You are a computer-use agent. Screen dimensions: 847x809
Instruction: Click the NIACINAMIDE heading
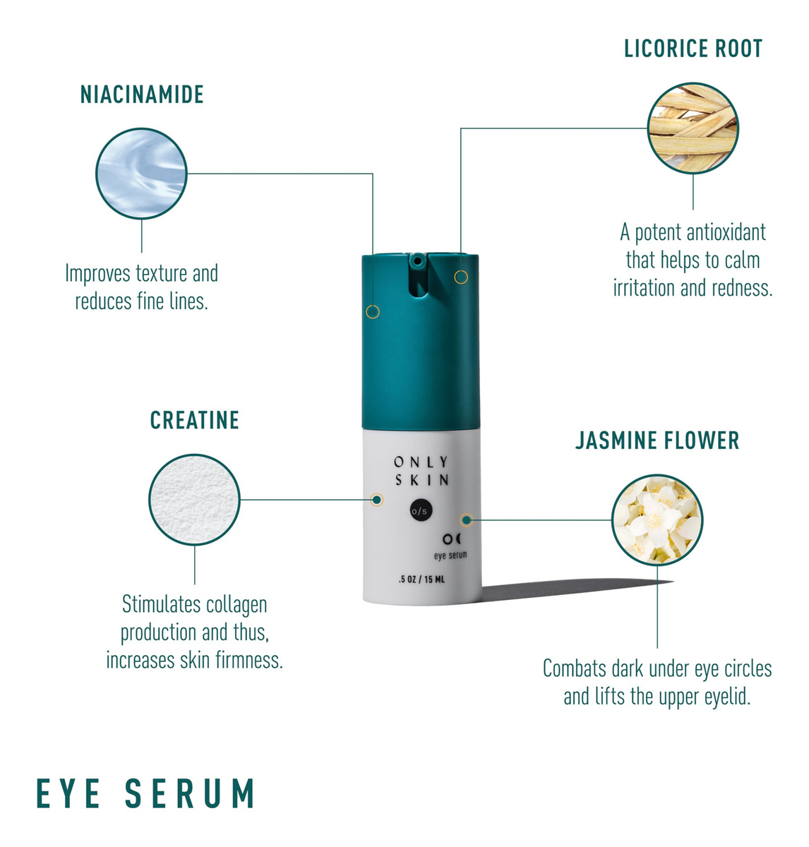pyautogui.click(x=142, y=95)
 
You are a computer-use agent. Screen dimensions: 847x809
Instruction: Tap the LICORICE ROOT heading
pyautogui.click(x=693, y=49)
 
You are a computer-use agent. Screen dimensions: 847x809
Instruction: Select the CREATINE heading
pyautogui.click(x=195, y=421)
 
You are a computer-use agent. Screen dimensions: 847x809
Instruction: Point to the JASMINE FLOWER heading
pyautogui.click(x=657, y=441)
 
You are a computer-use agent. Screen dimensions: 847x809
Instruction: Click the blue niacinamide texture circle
pyautogui.click(x=142, y=174)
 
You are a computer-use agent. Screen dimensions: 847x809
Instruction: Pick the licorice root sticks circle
pyautogui.click(x=693, y=128)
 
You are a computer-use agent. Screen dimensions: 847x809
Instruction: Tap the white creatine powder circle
pyautogui.click(x=195, y=500)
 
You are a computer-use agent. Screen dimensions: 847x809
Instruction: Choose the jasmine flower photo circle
pyautogui.click(x=657, y=520)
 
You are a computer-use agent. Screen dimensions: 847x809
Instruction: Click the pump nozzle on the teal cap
pyautogui.click(x=418, y=262)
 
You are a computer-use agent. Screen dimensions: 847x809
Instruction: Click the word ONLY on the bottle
pyautogui.click(x=421, y=462)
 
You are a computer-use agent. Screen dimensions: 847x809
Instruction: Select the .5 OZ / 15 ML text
pyautogui.click(x=421, y=580)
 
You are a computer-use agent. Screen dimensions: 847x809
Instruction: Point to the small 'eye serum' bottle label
pyautogui.click(x=450, y=555)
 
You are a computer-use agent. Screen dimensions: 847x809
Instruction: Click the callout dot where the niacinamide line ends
pyautogui.click(x=373, y=311)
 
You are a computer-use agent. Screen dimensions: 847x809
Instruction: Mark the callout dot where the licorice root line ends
pyautogui.click(x=461, y=277)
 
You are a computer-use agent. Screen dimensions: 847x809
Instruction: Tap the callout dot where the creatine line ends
pyautogui.click(x=377, y=500)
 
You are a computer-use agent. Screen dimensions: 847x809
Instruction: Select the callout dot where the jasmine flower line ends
pyautogui.click(x=466, y=521)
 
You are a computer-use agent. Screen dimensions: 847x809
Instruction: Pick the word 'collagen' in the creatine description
pyautogui.click(x=236, y=605)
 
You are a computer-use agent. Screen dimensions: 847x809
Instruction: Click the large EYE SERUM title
pyautogui.click(x=145, y=793)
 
